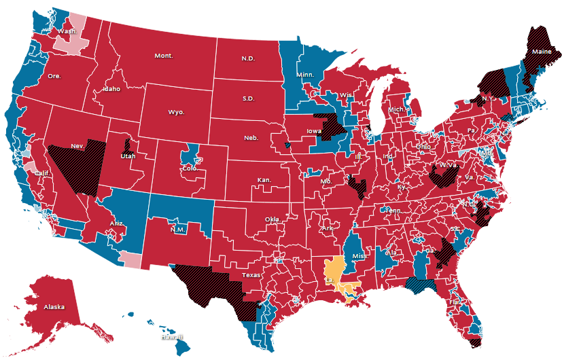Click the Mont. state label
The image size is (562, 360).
point(163,56)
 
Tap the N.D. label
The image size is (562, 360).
point(248,58)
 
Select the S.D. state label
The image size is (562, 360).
point(249,98)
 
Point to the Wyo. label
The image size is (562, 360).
point(176,111)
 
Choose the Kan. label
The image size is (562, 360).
point(264,180)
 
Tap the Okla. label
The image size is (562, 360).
point(272,219)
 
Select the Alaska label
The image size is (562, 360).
point(54,307)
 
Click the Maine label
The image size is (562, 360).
point(542,52)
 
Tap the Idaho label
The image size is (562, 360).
point(111,89)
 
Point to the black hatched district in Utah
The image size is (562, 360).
point(127,145)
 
